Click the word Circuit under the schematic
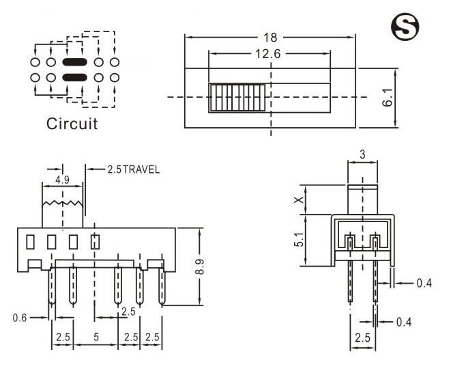[x=72, y=124]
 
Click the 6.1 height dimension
[x=387, y=97]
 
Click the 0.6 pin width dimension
[x=21, y=317]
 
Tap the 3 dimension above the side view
[x=362, y=155]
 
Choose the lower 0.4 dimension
[x=404, y=321]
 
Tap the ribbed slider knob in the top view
[x=238, y=98]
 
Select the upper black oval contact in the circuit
[x=75, y=62]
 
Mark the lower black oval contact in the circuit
[x=75, y=77]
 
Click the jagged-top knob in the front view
[x=63, y=212]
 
